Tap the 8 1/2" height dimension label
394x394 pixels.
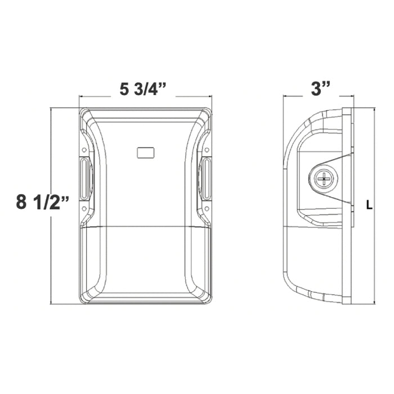coord(42,202)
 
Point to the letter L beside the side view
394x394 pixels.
coord(369,205)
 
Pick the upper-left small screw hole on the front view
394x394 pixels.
coord(84,150)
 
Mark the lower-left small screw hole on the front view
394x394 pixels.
coord(84,208)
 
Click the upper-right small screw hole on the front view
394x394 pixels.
coord(207,150)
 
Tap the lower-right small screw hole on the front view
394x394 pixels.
coord(207,208)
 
